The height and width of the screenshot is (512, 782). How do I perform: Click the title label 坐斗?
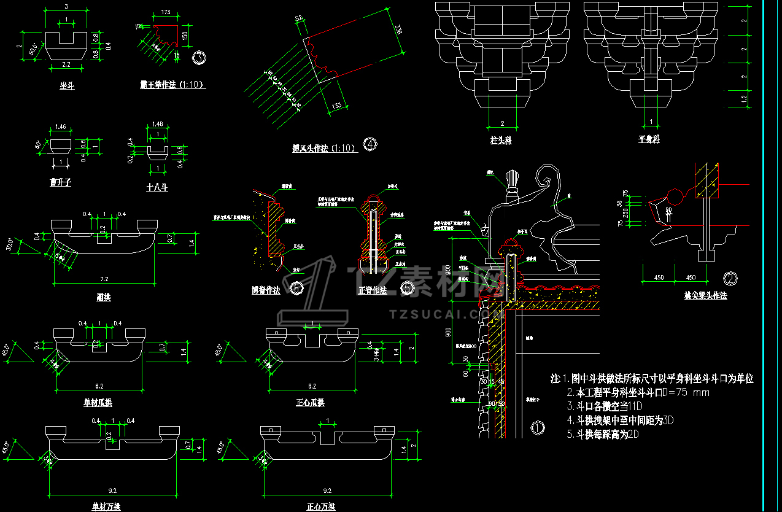click(67, 87)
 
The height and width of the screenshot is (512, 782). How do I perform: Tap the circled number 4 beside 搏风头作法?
click(370, 145)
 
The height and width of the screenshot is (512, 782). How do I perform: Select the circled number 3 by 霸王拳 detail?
click(199, 58)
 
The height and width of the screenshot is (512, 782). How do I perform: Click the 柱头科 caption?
click(501, 141)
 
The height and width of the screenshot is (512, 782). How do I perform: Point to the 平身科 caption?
click(649, 139)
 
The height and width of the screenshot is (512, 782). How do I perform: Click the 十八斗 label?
click(157, 187)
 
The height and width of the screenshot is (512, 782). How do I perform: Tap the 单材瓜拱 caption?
click(98, 403)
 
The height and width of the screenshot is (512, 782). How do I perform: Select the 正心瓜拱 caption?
click(310, 403)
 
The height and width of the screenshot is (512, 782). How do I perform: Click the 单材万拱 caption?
click(98, 506)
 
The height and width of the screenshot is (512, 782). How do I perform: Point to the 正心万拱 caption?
click(321, 506)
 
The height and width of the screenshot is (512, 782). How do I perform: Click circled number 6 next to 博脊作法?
click(296, 287)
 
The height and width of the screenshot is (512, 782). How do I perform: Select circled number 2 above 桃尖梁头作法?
click(730, 278)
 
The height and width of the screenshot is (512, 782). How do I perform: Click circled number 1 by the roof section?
click(537, 427)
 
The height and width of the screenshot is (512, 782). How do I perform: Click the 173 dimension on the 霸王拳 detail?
click(165, 12)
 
